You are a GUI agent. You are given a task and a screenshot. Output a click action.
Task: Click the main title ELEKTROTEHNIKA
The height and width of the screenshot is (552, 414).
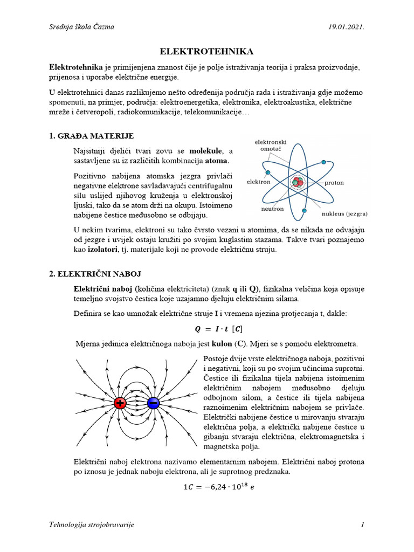click(x=207, y=51)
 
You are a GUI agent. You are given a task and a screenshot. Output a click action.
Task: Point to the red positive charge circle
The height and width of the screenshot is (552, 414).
click(x=120, y=403)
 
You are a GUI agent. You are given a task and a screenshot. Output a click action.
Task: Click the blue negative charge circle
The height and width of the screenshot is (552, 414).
click(x=153, y=403)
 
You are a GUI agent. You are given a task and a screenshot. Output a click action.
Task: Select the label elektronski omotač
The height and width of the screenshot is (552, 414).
click(x=271, y=146)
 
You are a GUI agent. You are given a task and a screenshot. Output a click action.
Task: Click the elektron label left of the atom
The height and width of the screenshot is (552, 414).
click(x=258, y=182)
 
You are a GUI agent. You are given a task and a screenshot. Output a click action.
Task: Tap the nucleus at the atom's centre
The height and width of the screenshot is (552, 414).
click(x=297, y=182)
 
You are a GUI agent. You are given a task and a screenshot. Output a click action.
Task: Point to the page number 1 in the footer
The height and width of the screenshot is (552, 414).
click(x=363, y=525)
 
